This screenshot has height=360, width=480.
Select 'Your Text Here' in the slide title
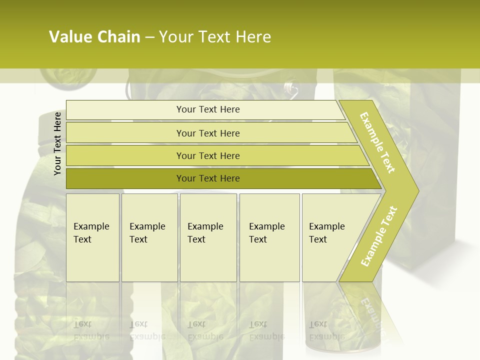click(x=215, y=37)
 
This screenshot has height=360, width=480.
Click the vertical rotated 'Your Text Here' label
click(x=57, y=143)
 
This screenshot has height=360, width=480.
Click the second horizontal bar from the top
click(x=207, y=133)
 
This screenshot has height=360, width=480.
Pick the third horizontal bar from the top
click(x=207, y=155)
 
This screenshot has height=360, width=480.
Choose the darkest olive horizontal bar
click(x=207, y=178)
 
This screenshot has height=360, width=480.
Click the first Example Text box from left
click(x=92, y=237)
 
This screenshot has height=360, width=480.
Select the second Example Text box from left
click(x=149, y=237)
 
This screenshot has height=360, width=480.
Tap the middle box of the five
click(x=208, y=237)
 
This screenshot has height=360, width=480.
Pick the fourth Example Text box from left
click(x=269, y=237)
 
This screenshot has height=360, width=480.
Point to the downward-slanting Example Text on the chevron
click(x=377, y=142)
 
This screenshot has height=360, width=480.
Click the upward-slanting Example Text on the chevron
click(x=379, y=236)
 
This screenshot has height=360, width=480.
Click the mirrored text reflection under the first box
click(x=91, y=330)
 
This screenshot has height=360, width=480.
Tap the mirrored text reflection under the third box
click(x=205, y=330)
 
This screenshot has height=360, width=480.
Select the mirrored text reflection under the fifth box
click(x=326, y=330)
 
